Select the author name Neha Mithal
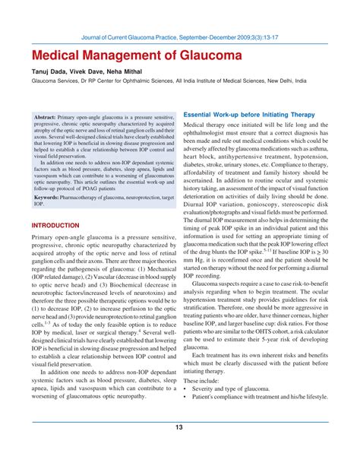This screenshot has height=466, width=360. [133, 74]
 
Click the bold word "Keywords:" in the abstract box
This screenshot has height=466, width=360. [50, 196]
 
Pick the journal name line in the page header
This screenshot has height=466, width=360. [181, 35]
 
